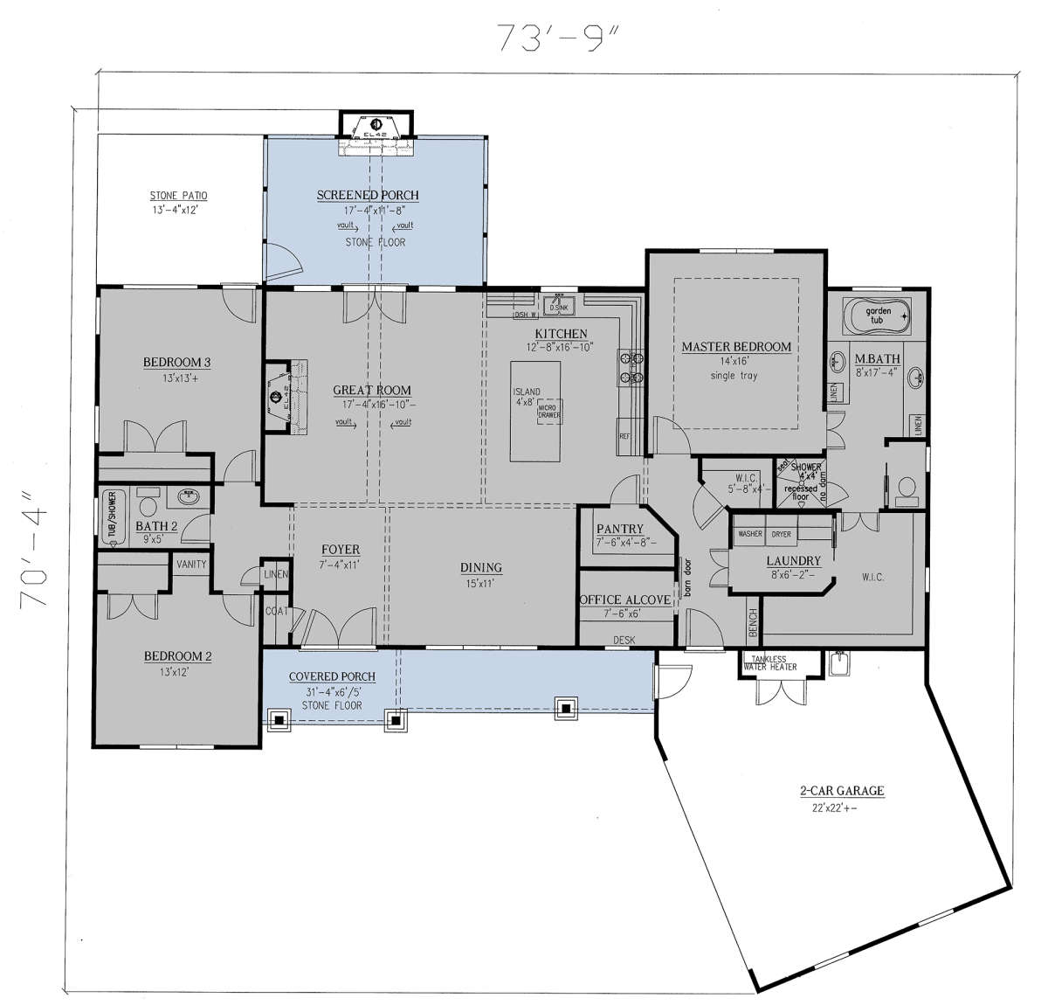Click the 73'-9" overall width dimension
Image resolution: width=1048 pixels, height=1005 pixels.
click(550, 38)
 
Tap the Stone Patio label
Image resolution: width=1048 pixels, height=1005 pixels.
click(178, 197)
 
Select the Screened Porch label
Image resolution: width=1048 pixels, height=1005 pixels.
click(368, 196)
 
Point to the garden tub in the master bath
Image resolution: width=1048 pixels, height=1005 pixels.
click(876, 315)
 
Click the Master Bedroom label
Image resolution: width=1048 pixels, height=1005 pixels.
click(736, 347)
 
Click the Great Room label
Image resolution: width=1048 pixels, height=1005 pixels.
click(372, 391)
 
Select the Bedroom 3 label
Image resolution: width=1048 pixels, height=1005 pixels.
click(176, 363)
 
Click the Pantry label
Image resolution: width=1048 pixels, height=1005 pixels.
click(619, 530)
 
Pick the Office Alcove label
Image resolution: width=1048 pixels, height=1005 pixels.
click(625, 600)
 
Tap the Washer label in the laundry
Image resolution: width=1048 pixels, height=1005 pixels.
click(750, 534)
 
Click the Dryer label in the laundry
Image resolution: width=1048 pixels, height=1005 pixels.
click(781, 534)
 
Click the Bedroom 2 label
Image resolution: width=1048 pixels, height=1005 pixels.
click(178, 657)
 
